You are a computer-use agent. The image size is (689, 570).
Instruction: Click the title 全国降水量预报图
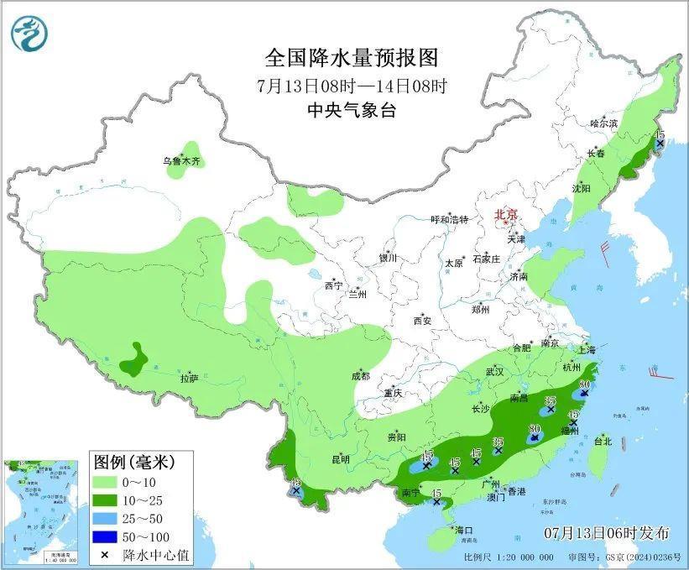point(352,58)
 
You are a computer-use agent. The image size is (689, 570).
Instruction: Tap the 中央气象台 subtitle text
point(352,111)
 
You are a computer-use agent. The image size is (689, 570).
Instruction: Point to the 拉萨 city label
point(189,379)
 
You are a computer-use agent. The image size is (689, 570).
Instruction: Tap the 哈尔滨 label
point(603,123)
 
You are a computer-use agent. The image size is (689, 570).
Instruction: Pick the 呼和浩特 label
point(449,219)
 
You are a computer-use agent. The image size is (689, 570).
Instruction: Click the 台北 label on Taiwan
point(603,441)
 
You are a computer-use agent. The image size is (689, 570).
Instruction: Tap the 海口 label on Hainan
point(464,531)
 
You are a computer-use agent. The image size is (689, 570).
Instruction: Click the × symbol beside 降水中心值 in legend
point(106,555)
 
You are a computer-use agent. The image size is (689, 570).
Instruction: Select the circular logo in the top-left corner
point(29,32)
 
